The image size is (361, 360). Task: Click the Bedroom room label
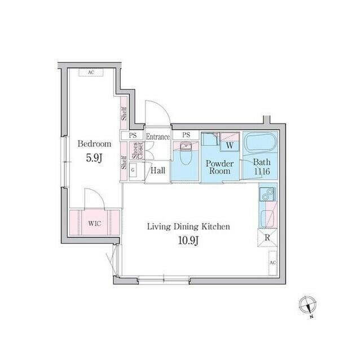point(94,144)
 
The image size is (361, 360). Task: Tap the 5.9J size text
point(94,159)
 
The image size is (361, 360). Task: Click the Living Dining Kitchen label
point(188,226)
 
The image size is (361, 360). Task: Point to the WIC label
point(94,221)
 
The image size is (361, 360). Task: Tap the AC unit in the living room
point(272,263)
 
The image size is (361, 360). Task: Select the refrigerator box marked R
point(267,238)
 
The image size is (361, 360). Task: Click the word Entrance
point(158,136)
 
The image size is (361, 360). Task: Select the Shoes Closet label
point(138,151)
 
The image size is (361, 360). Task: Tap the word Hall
point(158,170)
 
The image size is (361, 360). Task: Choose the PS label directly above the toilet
point(186,135)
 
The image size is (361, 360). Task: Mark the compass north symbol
point(307,304)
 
